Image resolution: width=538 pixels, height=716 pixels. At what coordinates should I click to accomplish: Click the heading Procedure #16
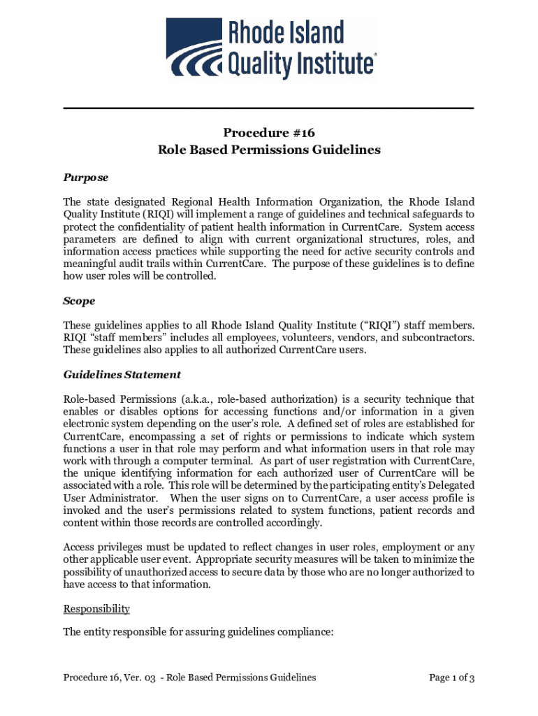[269, 133]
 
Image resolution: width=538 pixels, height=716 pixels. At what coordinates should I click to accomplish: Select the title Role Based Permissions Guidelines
[269, 150]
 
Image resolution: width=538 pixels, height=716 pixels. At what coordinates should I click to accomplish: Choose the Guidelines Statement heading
[122, 374]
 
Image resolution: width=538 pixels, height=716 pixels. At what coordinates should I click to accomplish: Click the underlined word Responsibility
[96, 608]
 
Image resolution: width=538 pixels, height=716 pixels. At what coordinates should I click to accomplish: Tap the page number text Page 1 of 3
[452, 677]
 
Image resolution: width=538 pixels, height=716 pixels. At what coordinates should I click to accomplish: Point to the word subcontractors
[438, 338]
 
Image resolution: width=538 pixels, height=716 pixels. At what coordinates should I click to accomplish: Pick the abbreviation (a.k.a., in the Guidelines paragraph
[182, 399]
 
